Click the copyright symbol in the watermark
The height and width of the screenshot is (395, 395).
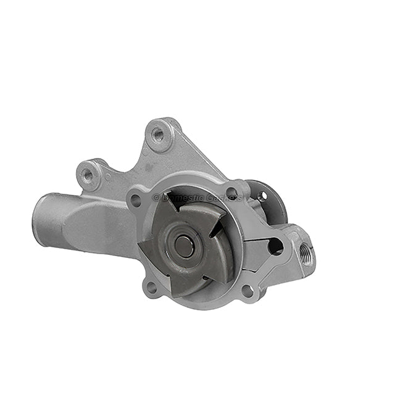click(156, 197)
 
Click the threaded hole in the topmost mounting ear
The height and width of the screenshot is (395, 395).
click(158, 134)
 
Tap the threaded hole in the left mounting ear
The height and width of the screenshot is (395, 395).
click(88, 175)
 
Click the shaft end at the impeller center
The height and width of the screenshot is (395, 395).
click(183, 246)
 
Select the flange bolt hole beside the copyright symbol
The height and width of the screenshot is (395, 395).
click(136, 199)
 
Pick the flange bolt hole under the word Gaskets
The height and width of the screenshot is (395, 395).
click(231, 193)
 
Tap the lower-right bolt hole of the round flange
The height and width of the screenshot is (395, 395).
click(247, 289)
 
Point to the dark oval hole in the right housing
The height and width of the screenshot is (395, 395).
click(275, 246)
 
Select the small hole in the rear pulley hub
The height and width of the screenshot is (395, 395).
click(264, 196)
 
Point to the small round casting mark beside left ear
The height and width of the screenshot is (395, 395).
click(108, 177)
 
